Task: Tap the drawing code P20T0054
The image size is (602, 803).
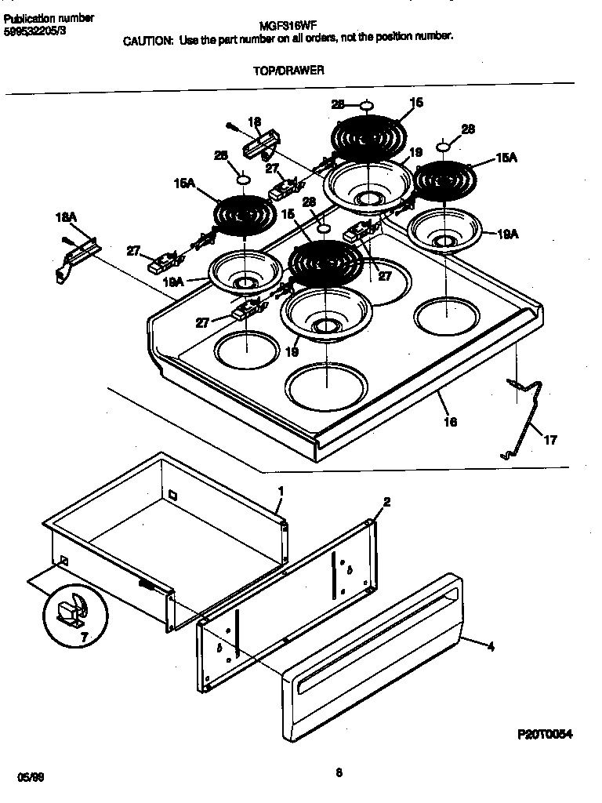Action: [545, 735]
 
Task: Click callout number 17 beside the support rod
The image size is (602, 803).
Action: [550, 440]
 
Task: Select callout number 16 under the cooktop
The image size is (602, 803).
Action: [450, 422]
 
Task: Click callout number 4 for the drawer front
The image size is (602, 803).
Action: [491, 647]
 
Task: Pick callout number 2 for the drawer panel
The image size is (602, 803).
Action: [386, 502]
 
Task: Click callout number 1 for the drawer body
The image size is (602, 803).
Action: [281, 491]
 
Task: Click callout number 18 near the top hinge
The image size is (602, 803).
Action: [254, 122]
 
